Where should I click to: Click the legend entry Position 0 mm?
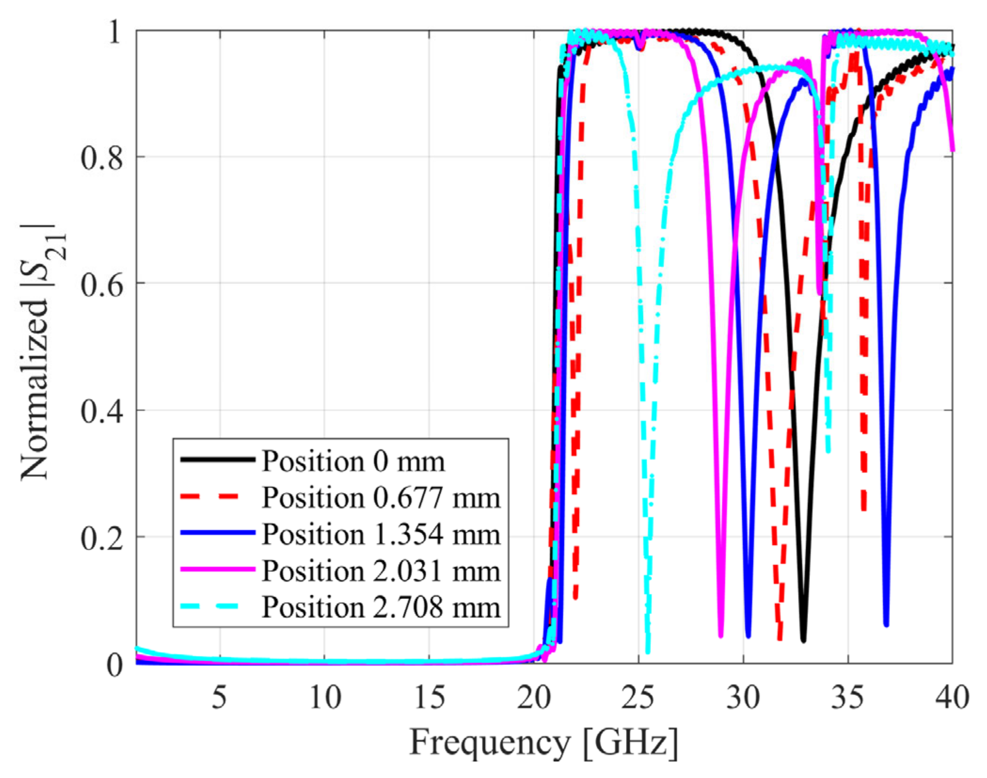pyautogui.click(x=353, y=461)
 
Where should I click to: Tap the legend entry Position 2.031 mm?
pyautogui.click(x=381, y=571)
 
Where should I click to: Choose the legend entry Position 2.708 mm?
pyautogui.click(x=381, y=607)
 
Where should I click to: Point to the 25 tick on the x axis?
pyautogui.click(x=638, y=697)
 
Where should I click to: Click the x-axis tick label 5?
pyautogui.click(x=219, y=697)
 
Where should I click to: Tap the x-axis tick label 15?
pyautogui.click(x=429, y=697)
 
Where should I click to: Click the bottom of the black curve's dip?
pyautogui.click(x=803, y=640)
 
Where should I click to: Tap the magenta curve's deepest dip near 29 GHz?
pyautogui.click(x=721, y=636)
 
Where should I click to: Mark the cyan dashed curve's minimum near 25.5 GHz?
pyautogui.click(x=648, y=651)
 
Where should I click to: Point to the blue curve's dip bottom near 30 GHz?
pyautogui.click(x=748, y=636)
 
